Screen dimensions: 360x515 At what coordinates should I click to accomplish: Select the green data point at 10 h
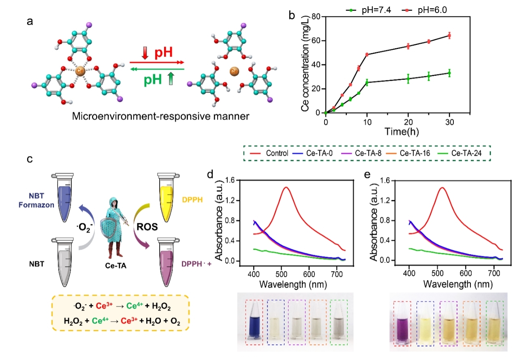pyautogui.click(x=367, y=83)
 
